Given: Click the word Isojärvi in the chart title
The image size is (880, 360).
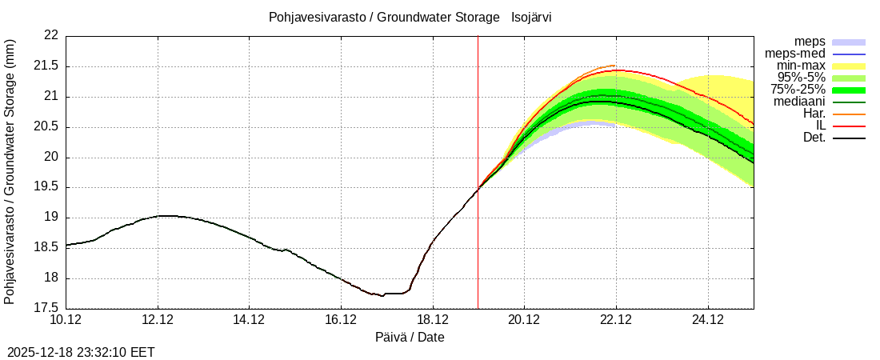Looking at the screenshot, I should tap(531, 18).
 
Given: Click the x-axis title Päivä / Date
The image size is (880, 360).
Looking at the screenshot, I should tap(410, 338).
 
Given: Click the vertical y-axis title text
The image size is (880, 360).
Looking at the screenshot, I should tap(10, 171).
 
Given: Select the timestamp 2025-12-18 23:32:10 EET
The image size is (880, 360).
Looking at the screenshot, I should tap(81, 352).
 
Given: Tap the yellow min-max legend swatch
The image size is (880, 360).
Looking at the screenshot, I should tap(849, 66).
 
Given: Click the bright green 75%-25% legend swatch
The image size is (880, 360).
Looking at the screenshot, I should tap(849, 90).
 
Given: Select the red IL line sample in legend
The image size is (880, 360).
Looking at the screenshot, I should tap(849, 126).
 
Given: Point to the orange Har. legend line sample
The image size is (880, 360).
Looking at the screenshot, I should tap(849, 114).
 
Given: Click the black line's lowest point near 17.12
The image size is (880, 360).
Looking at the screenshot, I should tap(382, 296).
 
